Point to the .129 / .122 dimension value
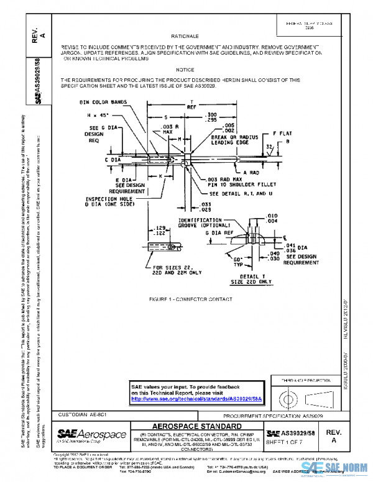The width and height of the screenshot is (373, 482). [x=159, y=230]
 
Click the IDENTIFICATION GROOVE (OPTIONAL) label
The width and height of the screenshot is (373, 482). [x=199, y=222]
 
